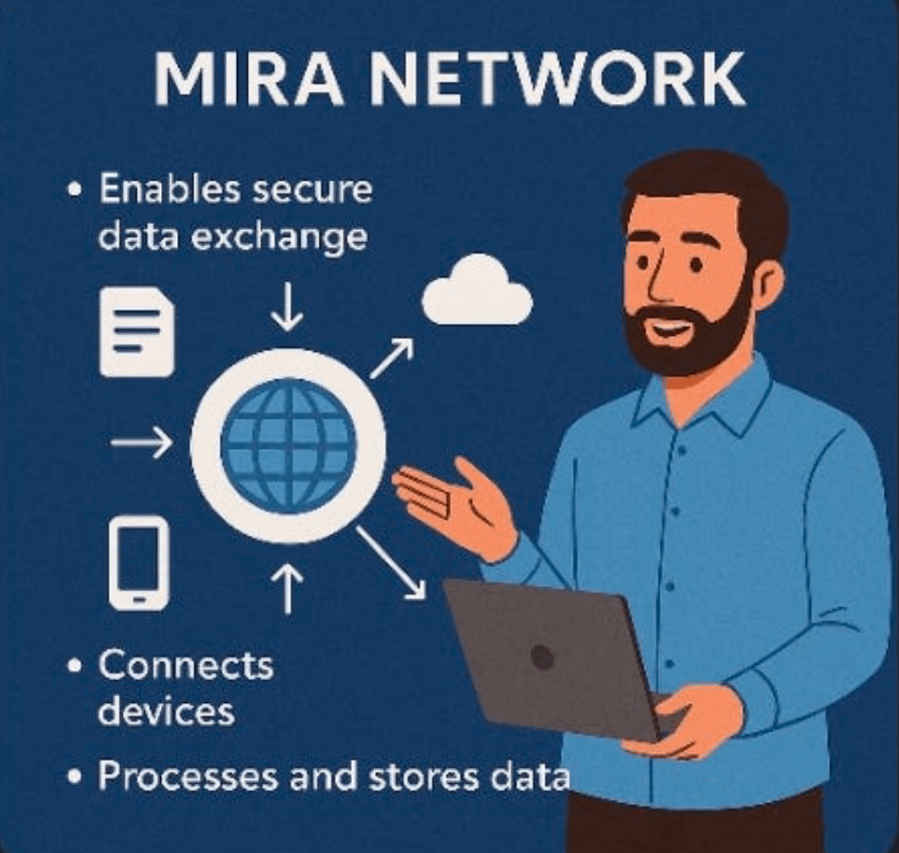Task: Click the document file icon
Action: click(x=137, y=331)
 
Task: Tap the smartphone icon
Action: click(x=139, y=562)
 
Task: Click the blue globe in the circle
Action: click(x=288, y=444)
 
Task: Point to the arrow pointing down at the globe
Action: click(x=287, y=308)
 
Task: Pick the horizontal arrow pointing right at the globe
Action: click(x=141, y=443)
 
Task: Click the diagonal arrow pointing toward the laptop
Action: click(x=391, y=562)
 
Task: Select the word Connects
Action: click(x=186, y=666)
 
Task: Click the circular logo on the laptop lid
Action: click(x=541, y=656)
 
